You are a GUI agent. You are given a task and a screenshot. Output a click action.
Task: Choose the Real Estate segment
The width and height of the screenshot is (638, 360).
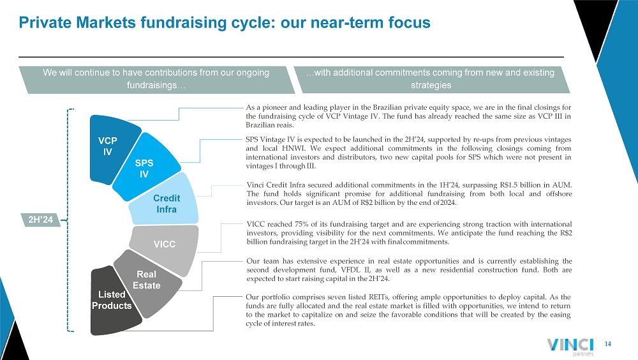147,281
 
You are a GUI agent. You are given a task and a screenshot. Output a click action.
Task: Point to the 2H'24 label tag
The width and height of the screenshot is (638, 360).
40,220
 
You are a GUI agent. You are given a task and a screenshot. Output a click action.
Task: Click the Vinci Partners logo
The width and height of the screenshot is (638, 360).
570,347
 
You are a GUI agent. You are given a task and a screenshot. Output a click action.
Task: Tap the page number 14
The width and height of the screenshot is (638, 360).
607,344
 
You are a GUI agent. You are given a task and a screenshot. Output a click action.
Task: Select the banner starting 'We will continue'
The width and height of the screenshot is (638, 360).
157,80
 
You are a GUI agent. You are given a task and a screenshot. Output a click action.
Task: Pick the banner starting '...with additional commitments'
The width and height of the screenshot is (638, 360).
431,80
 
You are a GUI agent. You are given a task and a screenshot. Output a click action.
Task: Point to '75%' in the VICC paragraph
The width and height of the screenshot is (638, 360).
302,224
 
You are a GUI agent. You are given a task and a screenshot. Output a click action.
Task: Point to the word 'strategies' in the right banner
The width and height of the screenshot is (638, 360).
431,86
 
